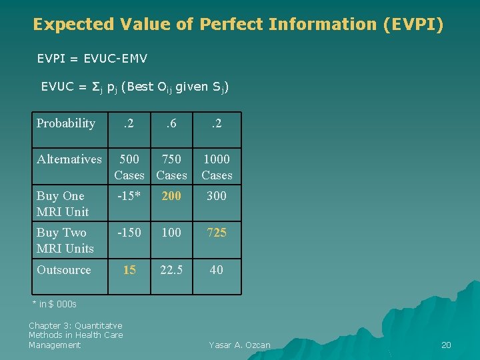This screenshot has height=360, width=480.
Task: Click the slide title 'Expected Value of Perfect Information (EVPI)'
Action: coord(238,25)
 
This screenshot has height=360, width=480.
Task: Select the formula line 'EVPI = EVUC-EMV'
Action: coord(92,59)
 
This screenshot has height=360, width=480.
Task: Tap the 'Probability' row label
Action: coord(66,123)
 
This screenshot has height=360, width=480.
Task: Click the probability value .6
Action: coord(171,123)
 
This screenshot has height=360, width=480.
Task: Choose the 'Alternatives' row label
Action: coord(69,159)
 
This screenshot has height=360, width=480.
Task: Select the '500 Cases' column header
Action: coord(129,167)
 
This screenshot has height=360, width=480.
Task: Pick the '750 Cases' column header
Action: coord(171,167)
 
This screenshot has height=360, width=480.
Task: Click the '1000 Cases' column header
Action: coord(217,167)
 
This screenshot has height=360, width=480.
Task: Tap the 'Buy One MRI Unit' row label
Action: coord(63,204)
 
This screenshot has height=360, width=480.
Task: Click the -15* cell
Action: coord(129,196)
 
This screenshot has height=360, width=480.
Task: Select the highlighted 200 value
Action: coord(171,196)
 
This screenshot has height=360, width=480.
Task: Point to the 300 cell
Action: coord(217,196)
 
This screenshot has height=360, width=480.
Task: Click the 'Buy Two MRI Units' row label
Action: coord(65,241)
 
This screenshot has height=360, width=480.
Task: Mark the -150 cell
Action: coord(129,233)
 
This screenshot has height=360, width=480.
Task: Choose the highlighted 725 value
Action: coord(217,233)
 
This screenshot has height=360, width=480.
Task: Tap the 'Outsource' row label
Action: coord(64,270)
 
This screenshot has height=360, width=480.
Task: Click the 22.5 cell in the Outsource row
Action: coord(171,270)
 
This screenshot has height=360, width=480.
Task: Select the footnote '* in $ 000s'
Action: coord(55,305)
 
